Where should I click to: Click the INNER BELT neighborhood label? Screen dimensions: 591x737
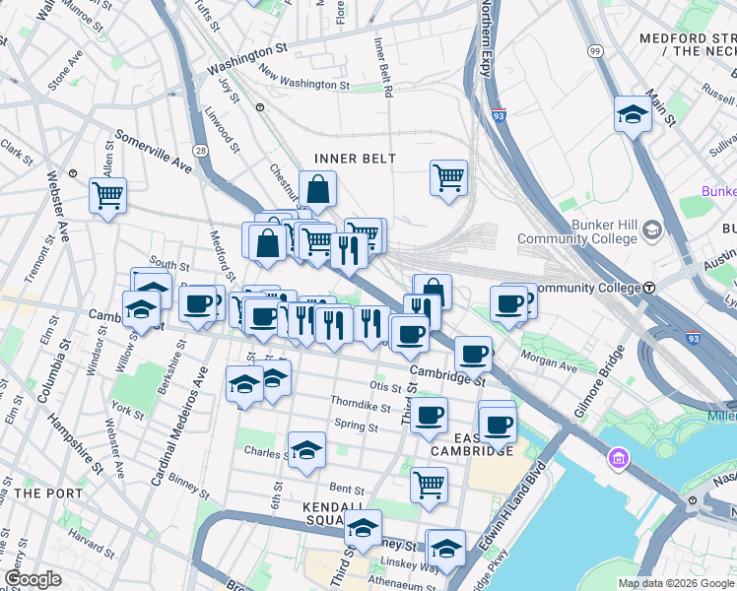[x=355, y=159]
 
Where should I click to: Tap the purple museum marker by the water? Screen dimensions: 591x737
[x=617, y=458]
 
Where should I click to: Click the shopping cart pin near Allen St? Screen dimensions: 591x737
[x=107, y=193]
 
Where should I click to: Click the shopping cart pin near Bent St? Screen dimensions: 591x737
[x=429, y=483]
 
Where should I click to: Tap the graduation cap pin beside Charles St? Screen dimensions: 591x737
[x=306, y=449]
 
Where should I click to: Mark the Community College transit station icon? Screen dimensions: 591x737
[x=650, y=288]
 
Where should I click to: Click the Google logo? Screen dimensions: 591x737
[x=33, y=579]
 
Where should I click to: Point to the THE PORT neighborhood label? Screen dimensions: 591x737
[x=41, y=492]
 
